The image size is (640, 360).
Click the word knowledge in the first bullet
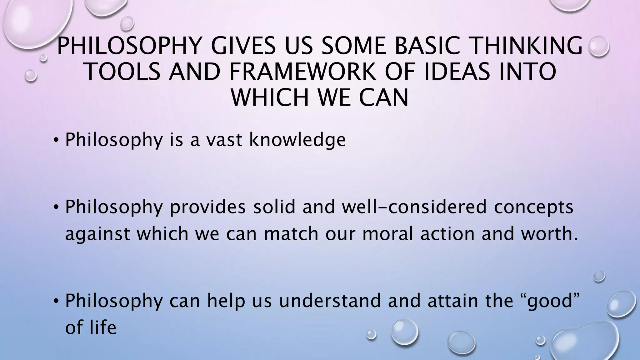pyautogui.click(x=297, y=140)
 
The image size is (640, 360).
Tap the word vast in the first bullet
pyautogui.click(x=224, y=140)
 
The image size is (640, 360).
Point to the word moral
pyautogui.click(x=387, y=234)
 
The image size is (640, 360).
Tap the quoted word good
pyautogui.click(x=551, y=301)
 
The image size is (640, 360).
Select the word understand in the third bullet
pyautogui.click(x=330, y=301)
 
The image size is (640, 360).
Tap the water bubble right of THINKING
pyautogui.click(x=598, y=46)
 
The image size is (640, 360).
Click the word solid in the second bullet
pyautogui.click(x=274, y=207)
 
